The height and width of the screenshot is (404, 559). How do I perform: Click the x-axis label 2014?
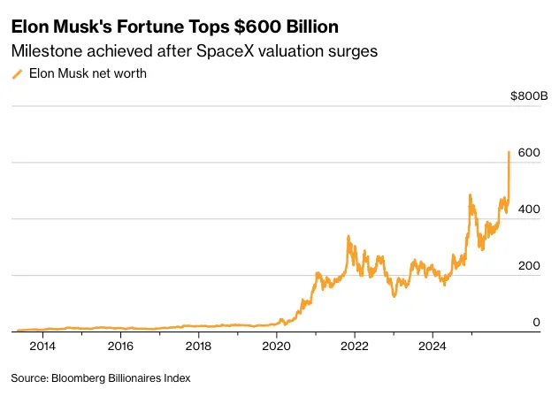(42, 347)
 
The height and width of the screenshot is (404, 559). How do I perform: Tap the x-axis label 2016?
(120, 347)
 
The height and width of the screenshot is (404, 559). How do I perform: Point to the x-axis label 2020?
(276, 347)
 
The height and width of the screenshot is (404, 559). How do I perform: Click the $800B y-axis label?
(528, 96)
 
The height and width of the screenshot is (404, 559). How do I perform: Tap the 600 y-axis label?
(528, 153)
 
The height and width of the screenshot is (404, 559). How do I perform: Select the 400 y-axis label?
(528, 210)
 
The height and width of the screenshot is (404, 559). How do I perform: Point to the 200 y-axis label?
(528, 266)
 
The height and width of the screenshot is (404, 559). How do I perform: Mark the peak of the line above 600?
(509, 152)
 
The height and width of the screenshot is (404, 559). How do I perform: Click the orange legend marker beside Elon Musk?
(17, 75)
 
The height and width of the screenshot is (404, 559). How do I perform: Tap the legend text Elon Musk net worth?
(88, 74)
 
